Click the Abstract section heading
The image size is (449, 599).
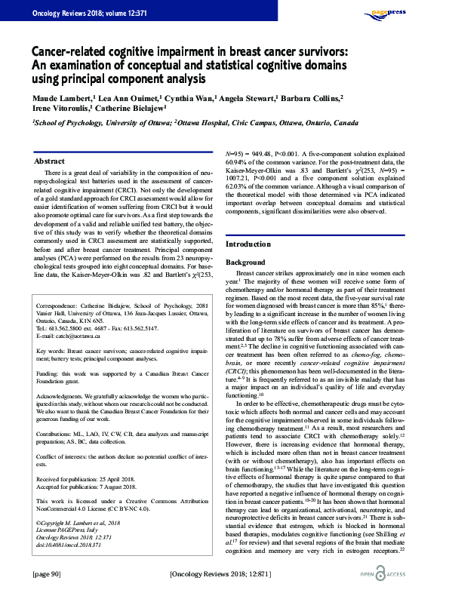(51, 161)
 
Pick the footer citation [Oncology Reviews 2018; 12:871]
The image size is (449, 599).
(224, 574)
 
